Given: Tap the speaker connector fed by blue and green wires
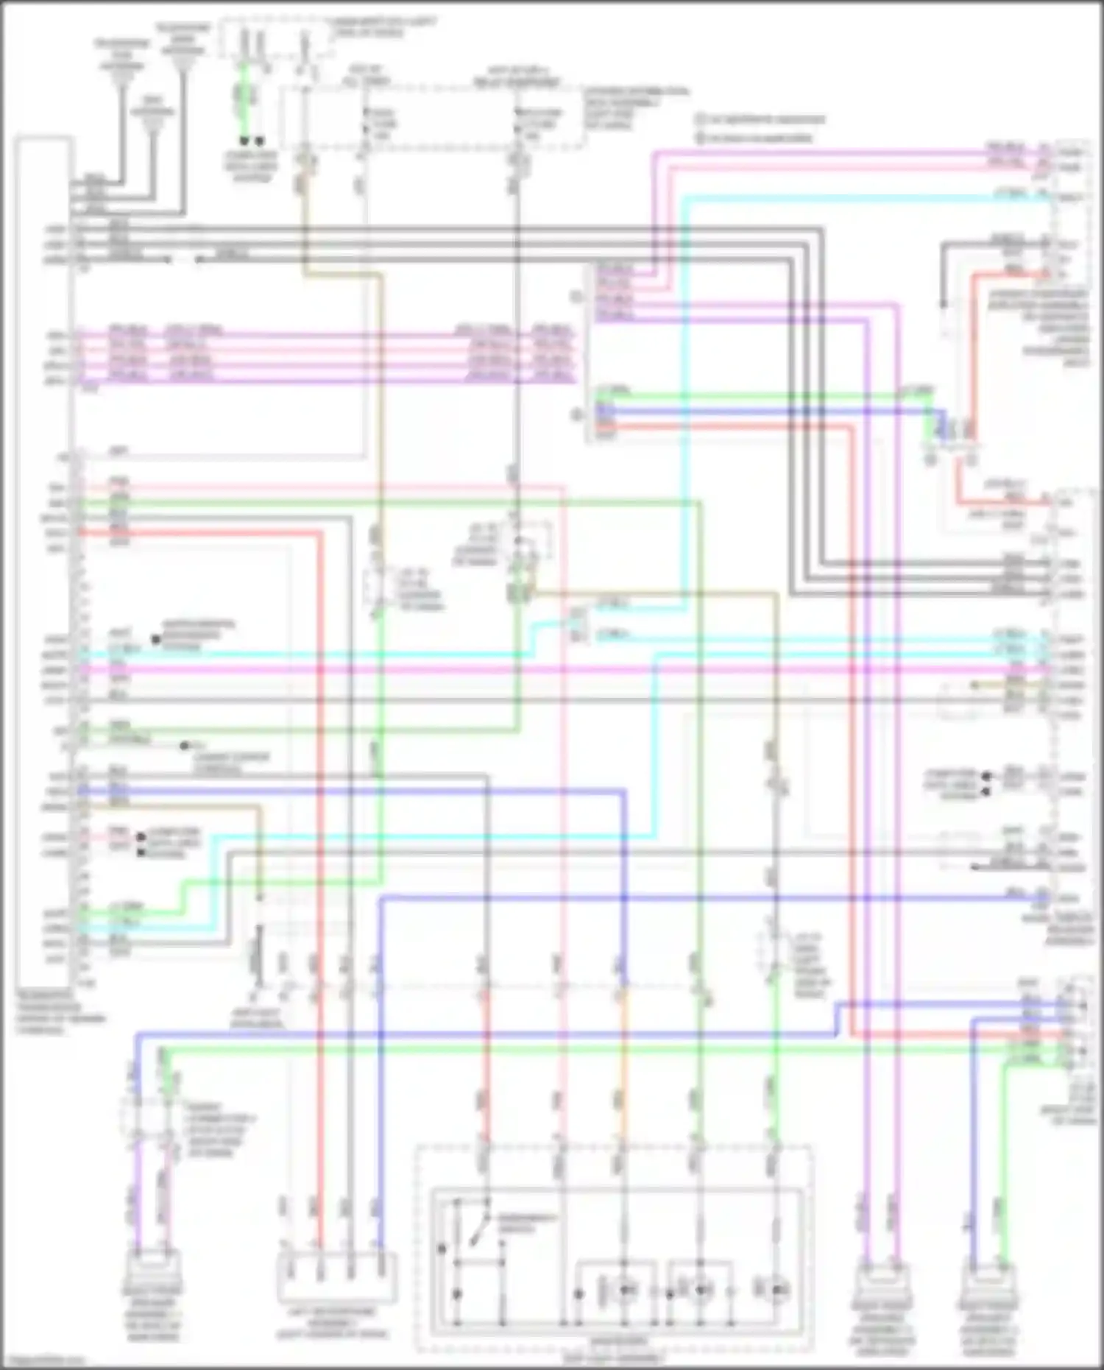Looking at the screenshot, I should click(988, 1285).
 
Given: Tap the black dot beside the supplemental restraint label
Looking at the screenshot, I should click(156, 640).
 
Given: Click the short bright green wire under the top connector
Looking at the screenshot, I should click(244, 103).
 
